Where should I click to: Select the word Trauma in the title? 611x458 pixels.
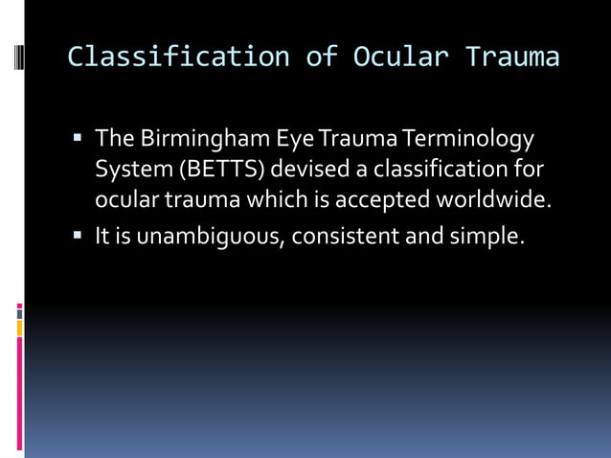[x=512, y=57]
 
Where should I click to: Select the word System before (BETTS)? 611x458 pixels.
[x=128, y=171]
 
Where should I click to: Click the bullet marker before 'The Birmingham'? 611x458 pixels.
[x=79, y=140]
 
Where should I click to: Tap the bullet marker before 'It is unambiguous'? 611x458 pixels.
[x=79, y=236]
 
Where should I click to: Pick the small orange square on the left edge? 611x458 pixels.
[x=19, y=329]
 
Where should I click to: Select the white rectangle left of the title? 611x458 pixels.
[x=19, y=57]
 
